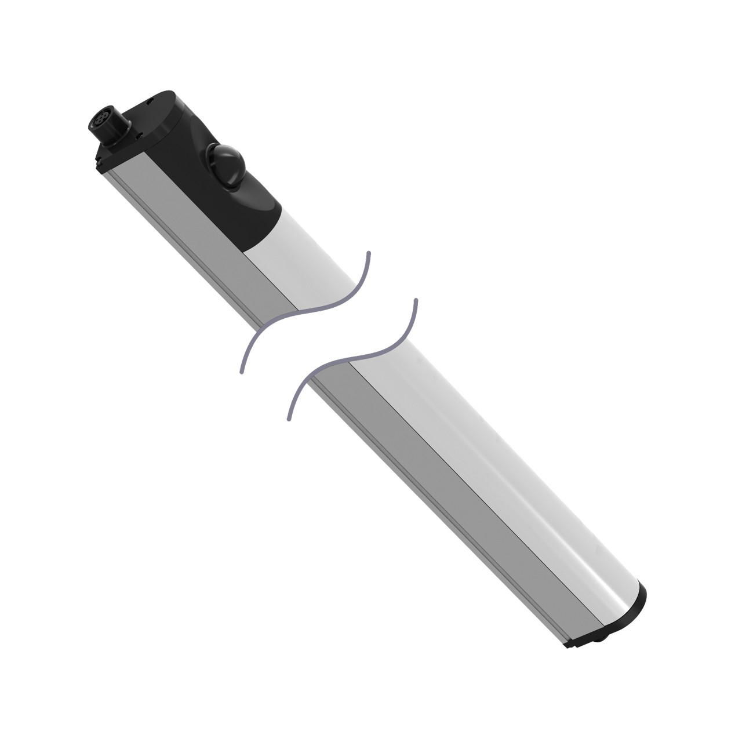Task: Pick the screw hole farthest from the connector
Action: [x=149, y=100]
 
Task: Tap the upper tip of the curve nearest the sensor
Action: [x=369, y=253]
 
